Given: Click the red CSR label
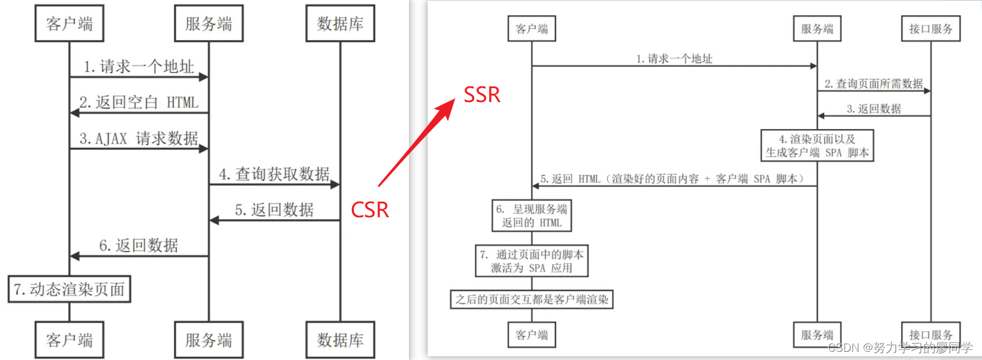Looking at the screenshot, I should click(x=370, y=210).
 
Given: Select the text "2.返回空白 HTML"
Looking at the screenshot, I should click(x=138, y=102).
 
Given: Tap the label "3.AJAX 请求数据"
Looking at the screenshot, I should click(x=139, y=138).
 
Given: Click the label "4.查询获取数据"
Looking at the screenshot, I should click(x=274, y=174).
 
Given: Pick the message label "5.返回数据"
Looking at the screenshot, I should click(x=274, y=210).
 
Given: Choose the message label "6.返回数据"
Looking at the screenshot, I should click(x=138, y=245).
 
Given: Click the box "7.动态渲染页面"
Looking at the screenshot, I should click(x=70, y=289).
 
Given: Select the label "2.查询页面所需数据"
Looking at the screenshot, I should click(x=873, y=83).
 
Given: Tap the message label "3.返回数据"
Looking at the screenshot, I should click(x=874, y=109).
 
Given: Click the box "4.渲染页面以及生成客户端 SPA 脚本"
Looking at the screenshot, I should click(x=817, y=145).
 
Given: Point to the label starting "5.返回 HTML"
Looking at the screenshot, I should click(x=675, y=178).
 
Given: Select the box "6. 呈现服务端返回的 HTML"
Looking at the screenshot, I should click(x=532, y=215).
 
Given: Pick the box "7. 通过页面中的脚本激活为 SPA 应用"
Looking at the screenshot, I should click(x=532, y=262).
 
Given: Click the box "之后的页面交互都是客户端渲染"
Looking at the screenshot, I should click(x=531, y=301).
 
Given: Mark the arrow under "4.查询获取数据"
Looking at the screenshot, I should click(x=274, y=185).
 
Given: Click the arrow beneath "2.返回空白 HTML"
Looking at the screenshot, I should click(x=138, y=113).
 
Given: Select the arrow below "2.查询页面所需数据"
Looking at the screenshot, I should click(x=873, y=91).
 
